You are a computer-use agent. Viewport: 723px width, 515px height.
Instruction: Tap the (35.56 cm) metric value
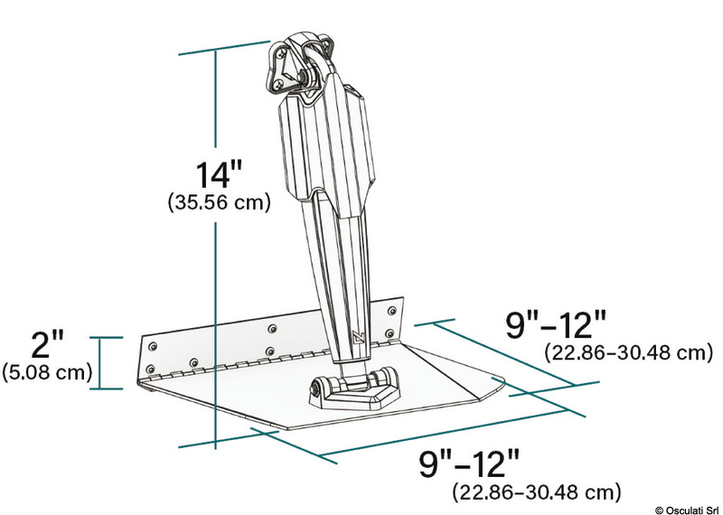pyautogui.click(x=220, y=203)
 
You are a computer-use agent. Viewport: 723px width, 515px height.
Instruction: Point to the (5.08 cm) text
pyautogui.click(x=46, y=371)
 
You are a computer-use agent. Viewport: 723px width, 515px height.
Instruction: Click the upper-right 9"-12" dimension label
pyautogui.click(x=553, y=323)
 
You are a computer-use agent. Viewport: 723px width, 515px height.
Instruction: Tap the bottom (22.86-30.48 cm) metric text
pyautogui.click(x=536, y=492)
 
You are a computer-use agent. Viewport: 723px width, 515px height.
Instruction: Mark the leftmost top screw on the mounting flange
pyautogui.click(x=152, y=346)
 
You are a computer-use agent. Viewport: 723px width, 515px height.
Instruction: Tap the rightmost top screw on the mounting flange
pyautogui.click(x=390, y=311)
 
